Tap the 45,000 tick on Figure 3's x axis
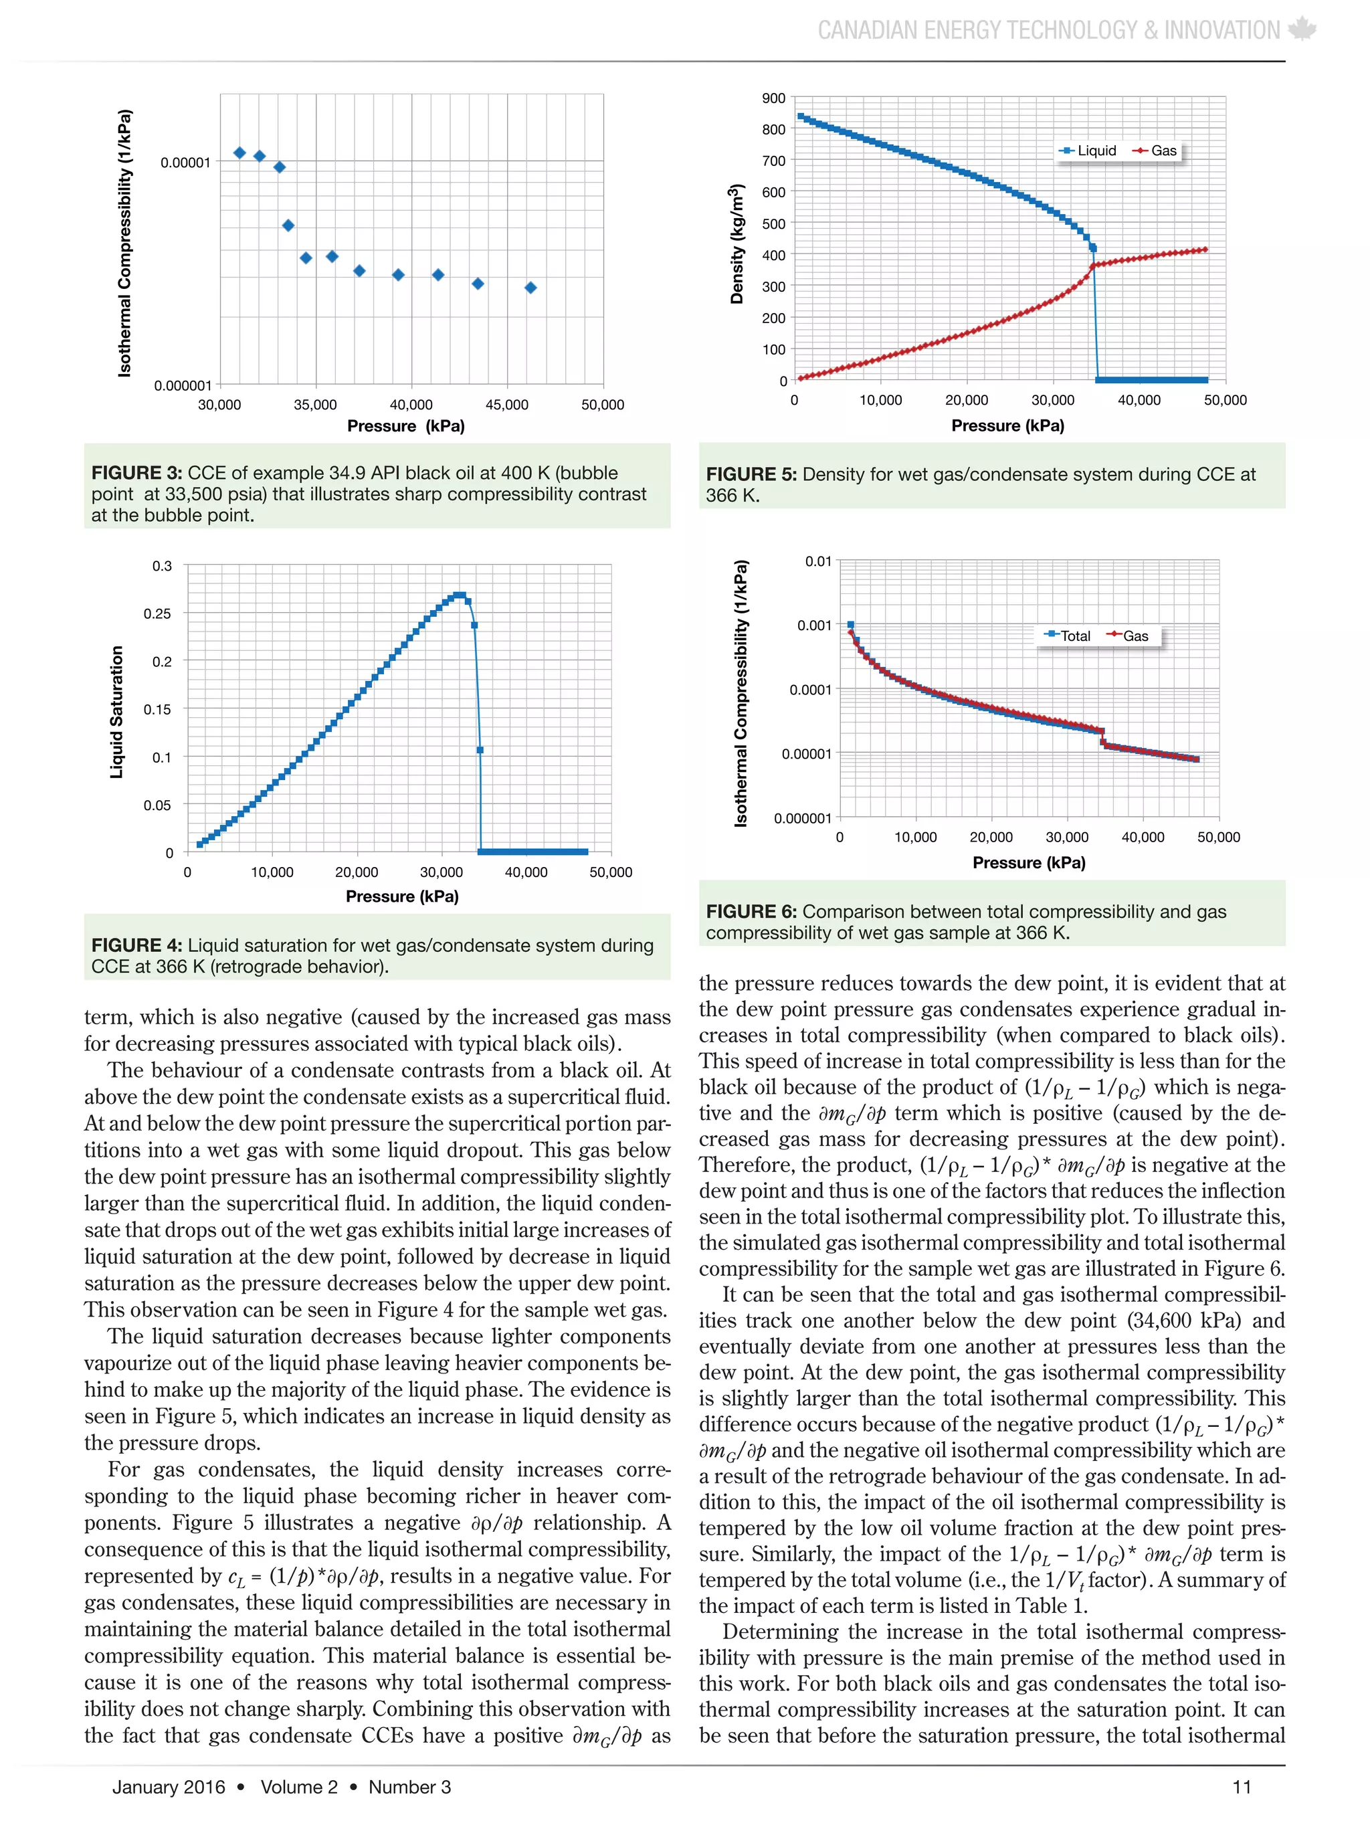tap(506, 405)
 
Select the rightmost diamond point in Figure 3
tap(530, 288)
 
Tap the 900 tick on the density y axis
tap(773, 99)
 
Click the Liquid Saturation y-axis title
tap(117, 712)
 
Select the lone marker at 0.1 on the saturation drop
tap(480, 750)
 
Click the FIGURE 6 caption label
tap(751, 911)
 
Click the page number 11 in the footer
tap(1242, 1787)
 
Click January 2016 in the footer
tap(169, 1787)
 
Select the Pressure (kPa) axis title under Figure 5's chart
tap(1007, 425)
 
